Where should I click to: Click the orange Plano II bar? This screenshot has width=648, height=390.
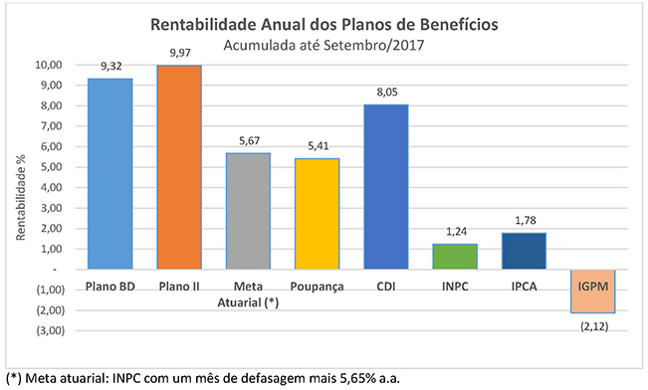(179, 167)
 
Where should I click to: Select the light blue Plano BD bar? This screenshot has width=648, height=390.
(109, 174)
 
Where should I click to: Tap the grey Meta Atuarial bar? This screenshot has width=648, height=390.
(248, 211)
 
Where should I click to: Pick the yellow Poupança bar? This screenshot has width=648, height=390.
(317, 214)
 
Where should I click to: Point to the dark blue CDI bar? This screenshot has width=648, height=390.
(386, 187)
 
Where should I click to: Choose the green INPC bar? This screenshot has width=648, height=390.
(455, 257)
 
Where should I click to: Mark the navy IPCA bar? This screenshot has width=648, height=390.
(524, 251)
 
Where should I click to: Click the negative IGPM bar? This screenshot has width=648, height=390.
(593, 292)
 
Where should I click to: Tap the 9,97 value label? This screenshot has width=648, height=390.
(180, 53)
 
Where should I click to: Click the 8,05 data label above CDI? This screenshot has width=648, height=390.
(387, 93)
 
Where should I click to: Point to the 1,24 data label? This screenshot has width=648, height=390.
(456, 232)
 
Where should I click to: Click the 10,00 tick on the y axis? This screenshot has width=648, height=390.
(49, 65)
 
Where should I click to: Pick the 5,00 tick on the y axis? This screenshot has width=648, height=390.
(51, 167)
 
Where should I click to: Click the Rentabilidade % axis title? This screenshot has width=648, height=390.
(21, 197)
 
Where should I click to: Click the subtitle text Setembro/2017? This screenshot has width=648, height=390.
(374, 45)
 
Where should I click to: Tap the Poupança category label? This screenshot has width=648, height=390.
(317, 287)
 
